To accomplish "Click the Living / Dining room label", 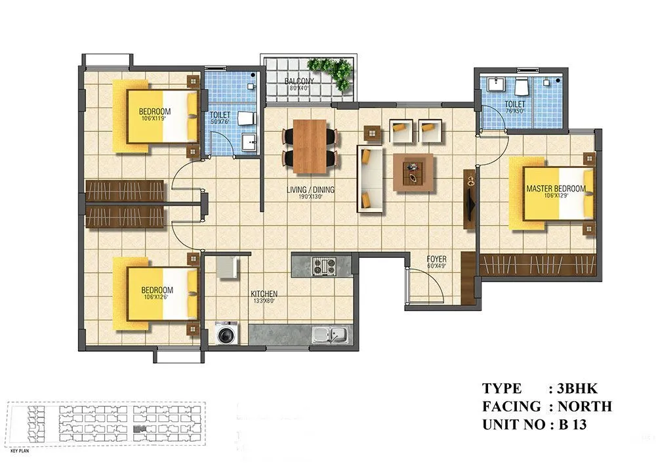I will point(310,190).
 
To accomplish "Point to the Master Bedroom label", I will point(556,189).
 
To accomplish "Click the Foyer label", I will point(437,259).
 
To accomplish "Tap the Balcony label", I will point(299,81).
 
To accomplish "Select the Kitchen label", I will point(264,293).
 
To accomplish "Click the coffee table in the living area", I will point(413,172).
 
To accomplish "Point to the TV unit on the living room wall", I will point(470,200).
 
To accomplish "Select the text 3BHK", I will point(579,389).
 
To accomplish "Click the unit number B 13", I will point(572,424).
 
